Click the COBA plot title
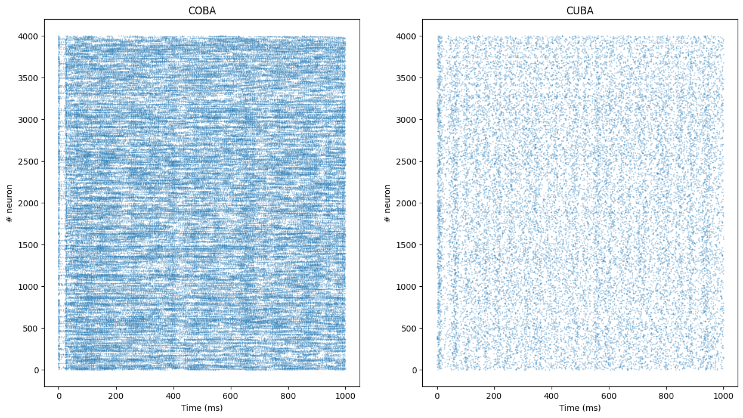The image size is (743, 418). coord(202,11)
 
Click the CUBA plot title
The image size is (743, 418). coord(580,11)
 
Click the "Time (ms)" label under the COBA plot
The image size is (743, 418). coord(202,408)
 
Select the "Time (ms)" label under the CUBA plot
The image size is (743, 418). coord(580,408)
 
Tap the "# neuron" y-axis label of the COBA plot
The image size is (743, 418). coord(10,203)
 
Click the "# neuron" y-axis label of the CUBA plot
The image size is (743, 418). coord(388,203)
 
